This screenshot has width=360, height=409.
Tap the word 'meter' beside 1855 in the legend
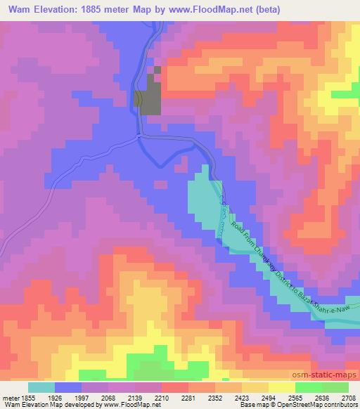pyautogui.click(x=11, y=397)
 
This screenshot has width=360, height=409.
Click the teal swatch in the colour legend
pyautogui.click(x=41, y=387)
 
